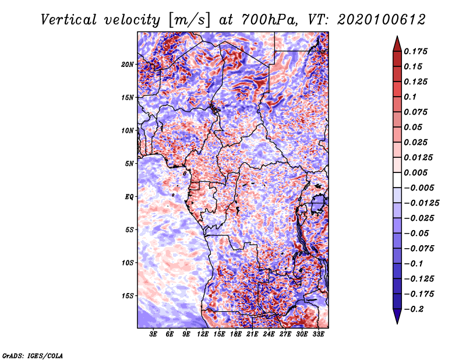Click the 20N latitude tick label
click(x=128, y=65)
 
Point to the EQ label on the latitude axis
click(x=129, y=197)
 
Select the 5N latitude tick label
click(x=129, y=164)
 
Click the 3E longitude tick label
click(x=153, y=334)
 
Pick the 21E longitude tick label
click(x=252, y=334)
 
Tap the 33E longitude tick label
click(x=318, y=334)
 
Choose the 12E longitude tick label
click(x=202, y=334)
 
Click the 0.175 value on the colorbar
click(x=415, y=51)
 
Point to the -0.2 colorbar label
click(x=414, y=309)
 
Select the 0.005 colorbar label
click(x=415, y=172)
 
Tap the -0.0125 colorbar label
click(x=421, y=203)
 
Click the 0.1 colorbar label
click(x=410, y=97)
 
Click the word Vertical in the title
click(x=69, y=20)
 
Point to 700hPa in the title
click(x=269, y=20)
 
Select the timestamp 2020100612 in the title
click(x=382, y=20)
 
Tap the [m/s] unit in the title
click(x=189, y=20)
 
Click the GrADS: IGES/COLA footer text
click(x=33, y=355)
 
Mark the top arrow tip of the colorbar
click(x=397, y=36)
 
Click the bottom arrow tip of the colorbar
click(x=397, y=324)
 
